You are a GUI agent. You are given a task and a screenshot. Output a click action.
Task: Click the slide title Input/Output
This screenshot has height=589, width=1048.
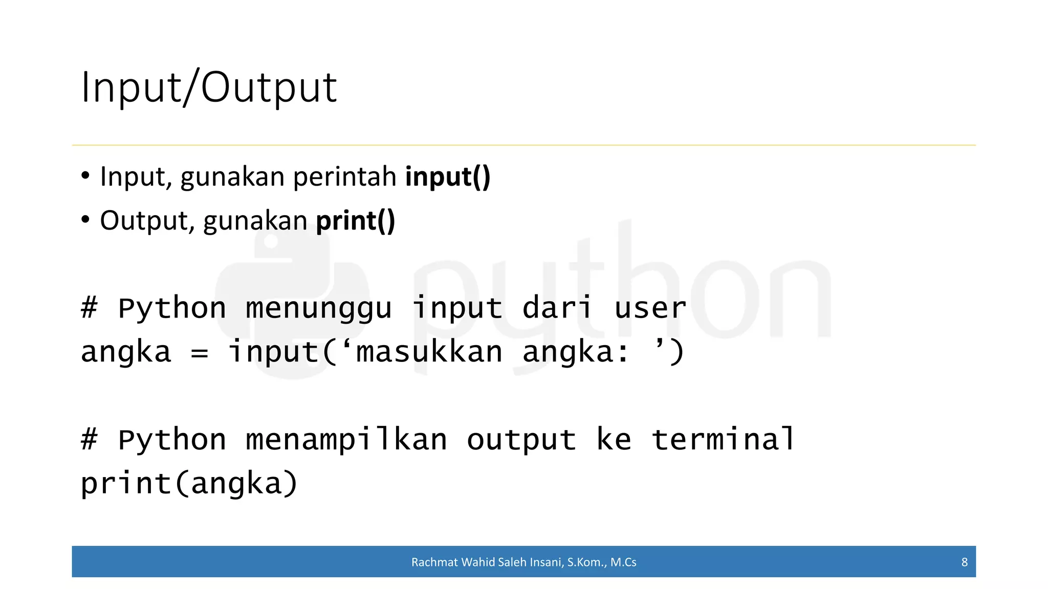pyautogui.click(x=209, y=88)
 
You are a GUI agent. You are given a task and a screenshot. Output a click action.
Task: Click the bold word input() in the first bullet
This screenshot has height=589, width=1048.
pyautogui.click(x=448, y=177)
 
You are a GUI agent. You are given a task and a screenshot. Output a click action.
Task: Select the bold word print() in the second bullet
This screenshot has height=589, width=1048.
pyautogui.click(x=356, y=221)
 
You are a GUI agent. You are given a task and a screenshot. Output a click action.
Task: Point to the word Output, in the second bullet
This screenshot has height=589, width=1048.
pyautogui.click(x=147, y=221)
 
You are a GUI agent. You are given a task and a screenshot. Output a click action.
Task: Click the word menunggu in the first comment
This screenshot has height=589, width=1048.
pyautogui.click(x=318, y=309)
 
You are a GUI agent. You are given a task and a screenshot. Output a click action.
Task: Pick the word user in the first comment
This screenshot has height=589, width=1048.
pyautogui.click(x=650, y=309)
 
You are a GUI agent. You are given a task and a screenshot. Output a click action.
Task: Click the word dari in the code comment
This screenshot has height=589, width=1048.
pyautogui.click(x=557, y=309)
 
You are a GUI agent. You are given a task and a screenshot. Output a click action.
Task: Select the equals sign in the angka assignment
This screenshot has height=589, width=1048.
pyautogui.click(x=199, y=353)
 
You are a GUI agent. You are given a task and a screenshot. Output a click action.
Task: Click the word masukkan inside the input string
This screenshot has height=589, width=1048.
pyautogui.click(x=429, y=353)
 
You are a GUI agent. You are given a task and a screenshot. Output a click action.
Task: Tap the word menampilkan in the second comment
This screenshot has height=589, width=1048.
pyautogui.click(x=346, y=440)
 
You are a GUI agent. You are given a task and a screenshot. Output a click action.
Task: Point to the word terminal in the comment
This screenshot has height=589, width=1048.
pyautogui.click(x=723, y=440)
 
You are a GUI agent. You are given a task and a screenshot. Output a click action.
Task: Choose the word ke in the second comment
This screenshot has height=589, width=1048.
pyautogui.click(x=614, y=440)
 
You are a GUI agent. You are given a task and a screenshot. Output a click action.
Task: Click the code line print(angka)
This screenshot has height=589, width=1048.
pyautogui.click(x=189, y=484)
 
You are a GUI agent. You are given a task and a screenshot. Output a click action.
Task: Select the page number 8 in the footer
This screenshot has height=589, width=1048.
pyautogui.click(x=965, y=562)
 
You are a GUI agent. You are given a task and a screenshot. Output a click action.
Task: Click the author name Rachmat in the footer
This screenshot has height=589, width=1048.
pyautogui.click(x=434, y=562)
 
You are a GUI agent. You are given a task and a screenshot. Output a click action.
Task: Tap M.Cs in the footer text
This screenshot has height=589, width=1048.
pyautogui.click(x=623, y=562)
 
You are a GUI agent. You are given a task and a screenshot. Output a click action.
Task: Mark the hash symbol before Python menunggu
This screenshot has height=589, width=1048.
pyautogui.click(x=89, y=309)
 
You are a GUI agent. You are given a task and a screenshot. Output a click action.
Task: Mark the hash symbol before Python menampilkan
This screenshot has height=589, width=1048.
pyautogui.click(x=89, y=440)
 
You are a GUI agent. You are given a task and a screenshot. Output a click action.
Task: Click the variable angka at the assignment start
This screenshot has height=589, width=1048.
pyautogui.click(x=126, y=353)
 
